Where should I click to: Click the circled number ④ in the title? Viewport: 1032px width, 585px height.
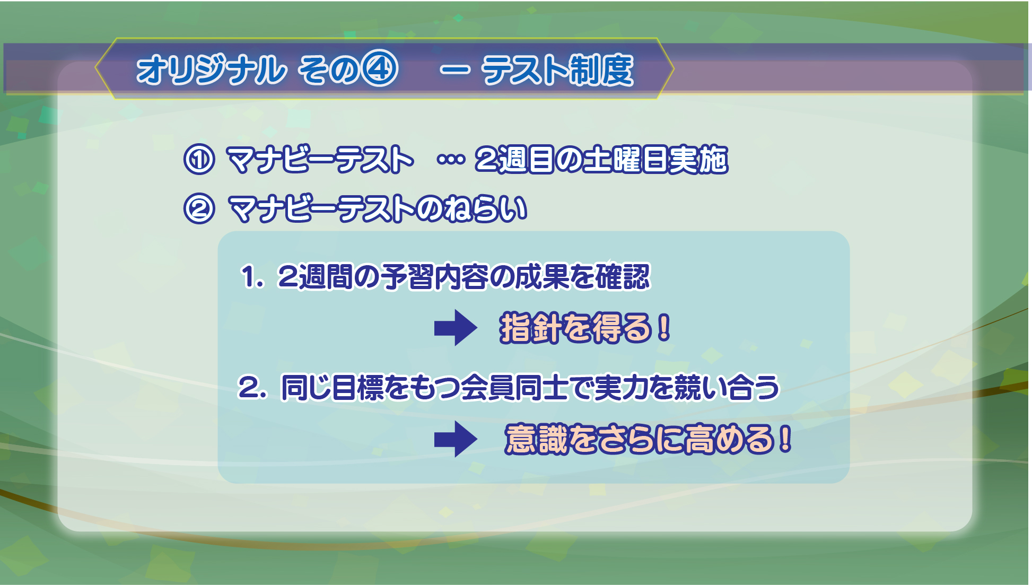point(380,69)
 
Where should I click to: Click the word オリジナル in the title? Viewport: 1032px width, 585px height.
point(211,69)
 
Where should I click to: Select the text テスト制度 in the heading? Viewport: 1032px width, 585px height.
point(557,70)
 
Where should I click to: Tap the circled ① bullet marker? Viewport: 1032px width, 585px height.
point(199,159)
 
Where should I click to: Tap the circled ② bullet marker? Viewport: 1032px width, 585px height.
point(199,208)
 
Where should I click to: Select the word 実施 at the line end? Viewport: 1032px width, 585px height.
point(697,159)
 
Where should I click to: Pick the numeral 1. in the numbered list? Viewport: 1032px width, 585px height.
point(252,277)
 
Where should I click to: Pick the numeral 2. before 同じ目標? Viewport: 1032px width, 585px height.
point(252,387)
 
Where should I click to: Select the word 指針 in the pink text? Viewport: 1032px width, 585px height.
point(530,328)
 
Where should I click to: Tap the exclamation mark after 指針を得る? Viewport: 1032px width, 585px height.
point(663,328)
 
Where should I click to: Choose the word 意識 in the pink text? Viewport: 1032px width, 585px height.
point(536,439)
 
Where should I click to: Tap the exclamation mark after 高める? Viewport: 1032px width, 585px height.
point(785,439)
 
